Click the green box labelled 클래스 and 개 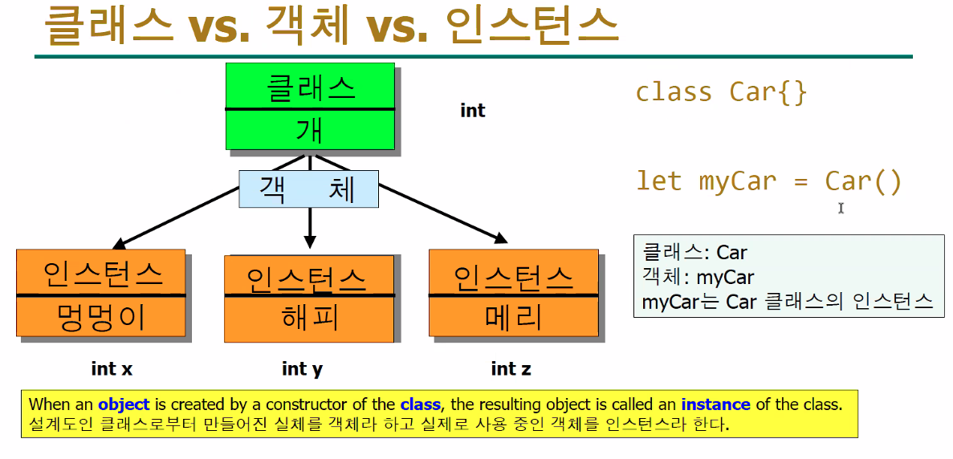click(x=310, y=107)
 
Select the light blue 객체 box click(x=308, y=190)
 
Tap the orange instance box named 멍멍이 click(x=101, y=294)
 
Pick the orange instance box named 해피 click(x=309, y=299)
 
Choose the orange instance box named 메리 click(x=514, y=294)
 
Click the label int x click(x=112, y=368)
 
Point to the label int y click(x=303, y=368)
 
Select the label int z click(x=511, y=368)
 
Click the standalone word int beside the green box click(x=473, y=111)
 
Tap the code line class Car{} click(x=721, y=92)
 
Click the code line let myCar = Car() click(x=769, y=181)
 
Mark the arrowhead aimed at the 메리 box click(x=501, y=238)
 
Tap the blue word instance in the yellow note click(x=715, y=405)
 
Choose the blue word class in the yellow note click(x=420, y=405)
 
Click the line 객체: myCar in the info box click(x=698, y=278)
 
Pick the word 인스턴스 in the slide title click(x=520, y=26)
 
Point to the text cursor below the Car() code click(x=841, y=208)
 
